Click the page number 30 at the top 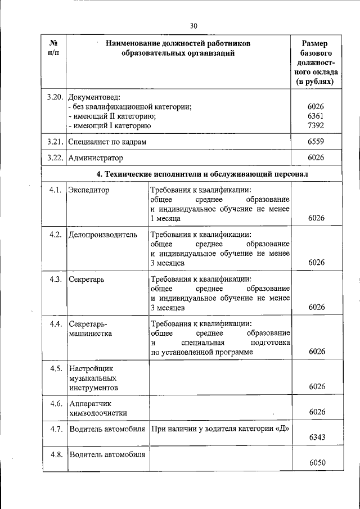coord(194,26)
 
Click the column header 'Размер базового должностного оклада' coord(316,62)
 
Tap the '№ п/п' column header coord(55,48)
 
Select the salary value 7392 coord(316,125)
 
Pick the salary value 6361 coord(316,116)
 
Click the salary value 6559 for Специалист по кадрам coord(316,142)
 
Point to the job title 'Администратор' coord(95,159)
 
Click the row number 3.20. coord(56,97)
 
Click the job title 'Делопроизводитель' coord(102,235)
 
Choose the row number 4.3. coord(55,280)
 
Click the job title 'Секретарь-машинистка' coord(91,328)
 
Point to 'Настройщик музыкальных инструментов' coord(93,378)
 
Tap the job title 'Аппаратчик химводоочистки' coord(97,408)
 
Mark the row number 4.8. coord(55,454)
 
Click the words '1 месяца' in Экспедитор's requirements coord(165,218)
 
